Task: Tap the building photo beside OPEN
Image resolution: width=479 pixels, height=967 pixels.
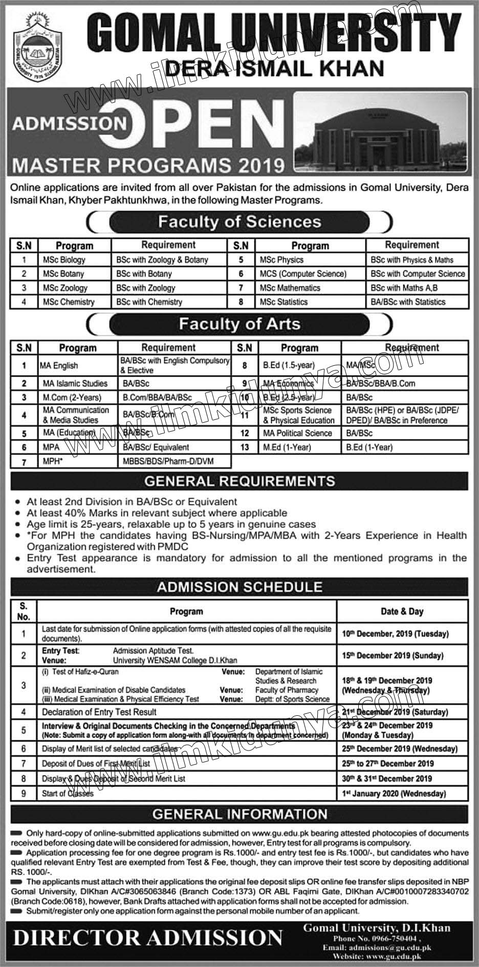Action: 380,131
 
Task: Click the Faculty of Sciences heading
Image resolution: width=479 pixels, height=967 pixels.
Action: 239,222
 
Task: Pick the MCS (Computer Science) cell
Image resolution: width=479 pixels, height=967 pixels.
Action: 303,274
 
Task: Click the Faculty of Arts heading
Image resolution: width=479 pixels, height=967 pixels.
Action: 239,324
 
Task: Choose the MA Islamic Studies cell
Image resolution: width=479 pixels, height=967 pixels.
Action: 75,383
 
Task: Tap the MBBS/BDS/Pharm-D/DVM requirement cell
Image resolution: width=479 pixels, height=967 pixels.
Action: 168,461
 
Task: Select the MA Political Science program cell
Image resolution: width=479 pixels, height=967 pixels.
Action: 297,433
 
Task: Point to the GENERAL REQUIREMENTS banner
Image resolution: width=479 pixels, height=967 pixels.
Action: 239,481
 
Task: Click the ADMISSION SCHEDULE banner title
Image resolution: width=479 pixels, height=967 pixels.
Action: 239,587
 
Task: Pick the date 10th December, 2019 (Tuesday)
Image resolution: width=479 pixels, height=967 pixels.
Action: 395,633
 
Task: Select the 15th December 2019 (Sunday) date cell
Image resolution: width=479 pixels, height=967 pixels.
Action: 392,655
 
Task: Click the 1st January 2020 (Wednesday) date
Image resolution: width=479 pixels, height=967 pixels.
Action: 394,794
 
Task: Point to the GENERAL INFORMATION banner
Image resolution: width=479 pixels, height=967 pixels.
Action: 239,814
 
